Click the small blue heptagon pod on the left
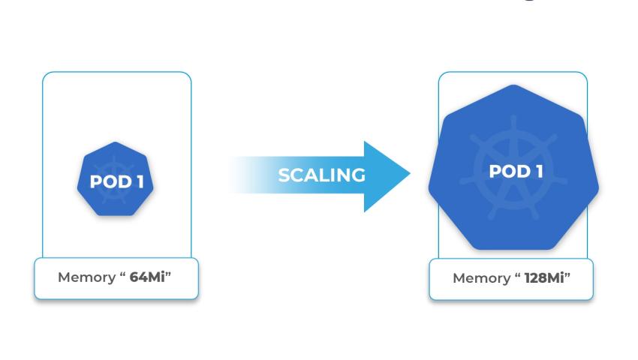pyautogui.click(x=116, y=179)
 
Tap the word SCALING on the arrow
pyautogui.click(x=321, y=175)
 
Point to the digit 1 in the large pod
pyautogui.click(x=538, y=171)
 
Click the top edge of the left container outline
pyautogui.click(x=116, y=72)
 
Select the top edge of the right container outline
pyautogui.click(x=513, y=72)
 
